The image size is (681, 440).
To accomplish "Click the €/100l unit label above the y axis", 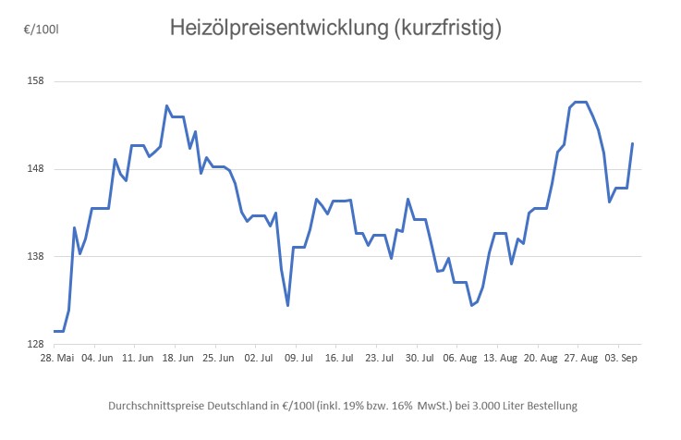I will click(x=41, y=31).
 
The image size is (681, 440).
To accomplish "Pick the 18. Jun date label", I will click(x=175, y=357).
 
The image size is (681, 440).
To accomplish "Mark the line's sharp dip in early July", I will click(x=288, y=305).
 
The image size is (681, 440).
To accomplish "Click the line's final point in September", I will click(x=632, y=143).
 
